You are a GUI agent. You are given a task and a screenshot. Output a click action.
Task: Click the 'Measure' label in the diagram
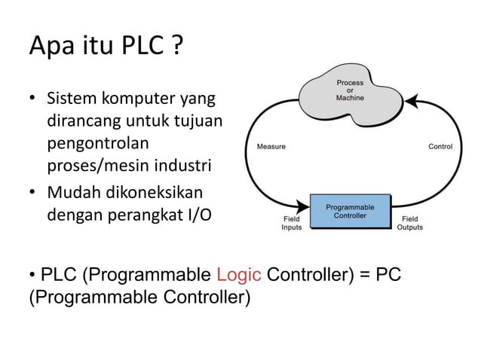point(271,146)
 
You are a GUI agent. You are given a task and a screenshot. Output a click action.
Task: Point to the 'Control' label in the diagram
point(440,146)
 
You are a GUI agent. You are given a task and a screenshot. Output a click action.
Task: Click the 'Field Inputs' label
point(291,223)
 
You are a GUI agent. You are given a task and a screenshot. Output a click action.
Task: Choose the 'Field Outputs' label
point(410,223)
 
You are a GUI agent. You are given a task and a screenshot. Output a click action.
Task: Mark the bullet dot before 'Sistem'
point(33,99)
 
